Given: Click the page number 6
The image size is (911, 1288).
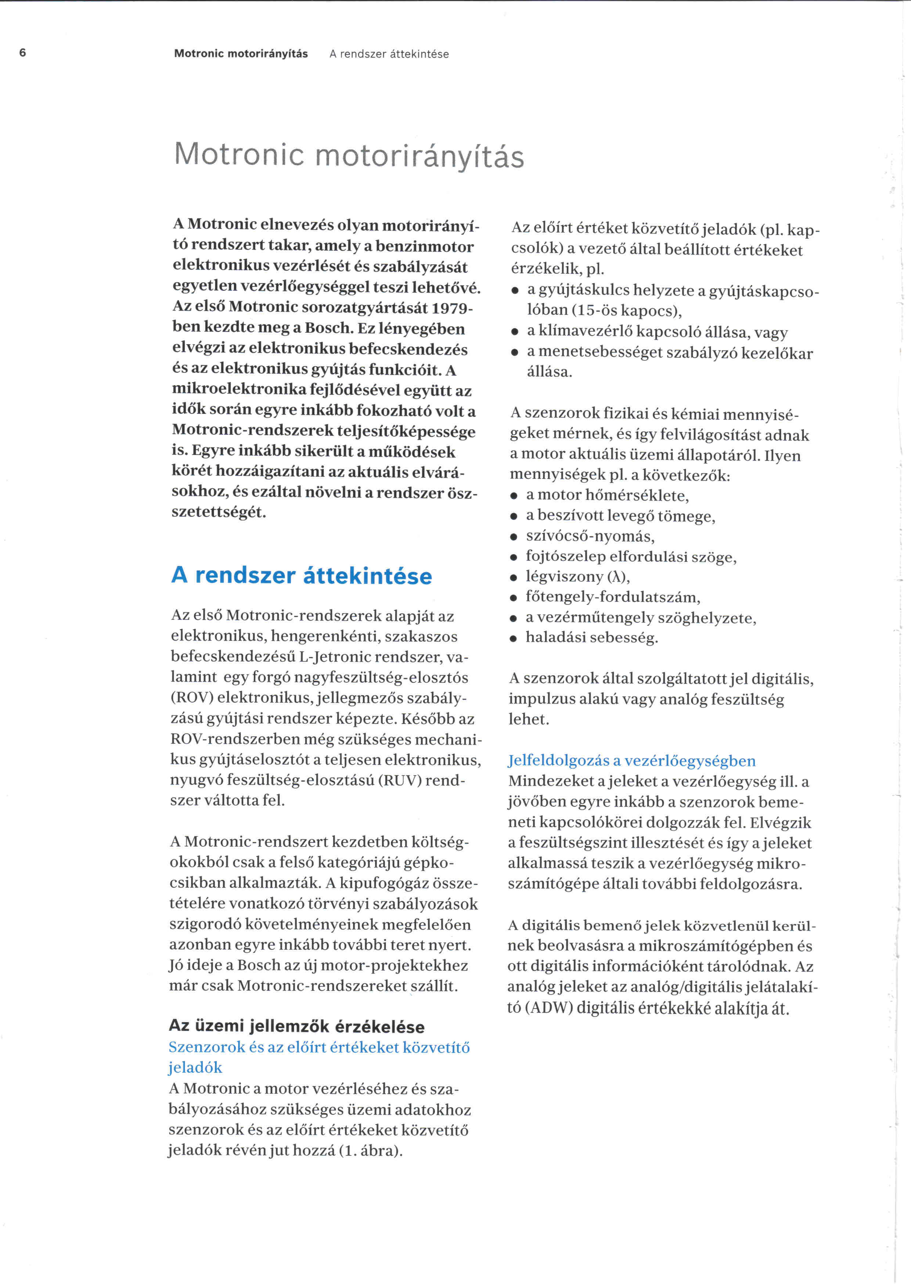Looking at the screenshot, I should [22, 53].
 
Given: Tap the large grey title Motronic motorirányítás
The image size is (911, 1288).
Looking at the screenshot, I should [349, 155].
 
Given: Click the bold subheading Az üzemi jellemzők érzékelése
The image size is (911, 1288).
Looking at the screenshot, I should [297, 1026].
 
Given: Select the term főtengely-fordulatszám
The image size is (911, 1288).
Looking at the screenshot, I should [613, 597].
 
